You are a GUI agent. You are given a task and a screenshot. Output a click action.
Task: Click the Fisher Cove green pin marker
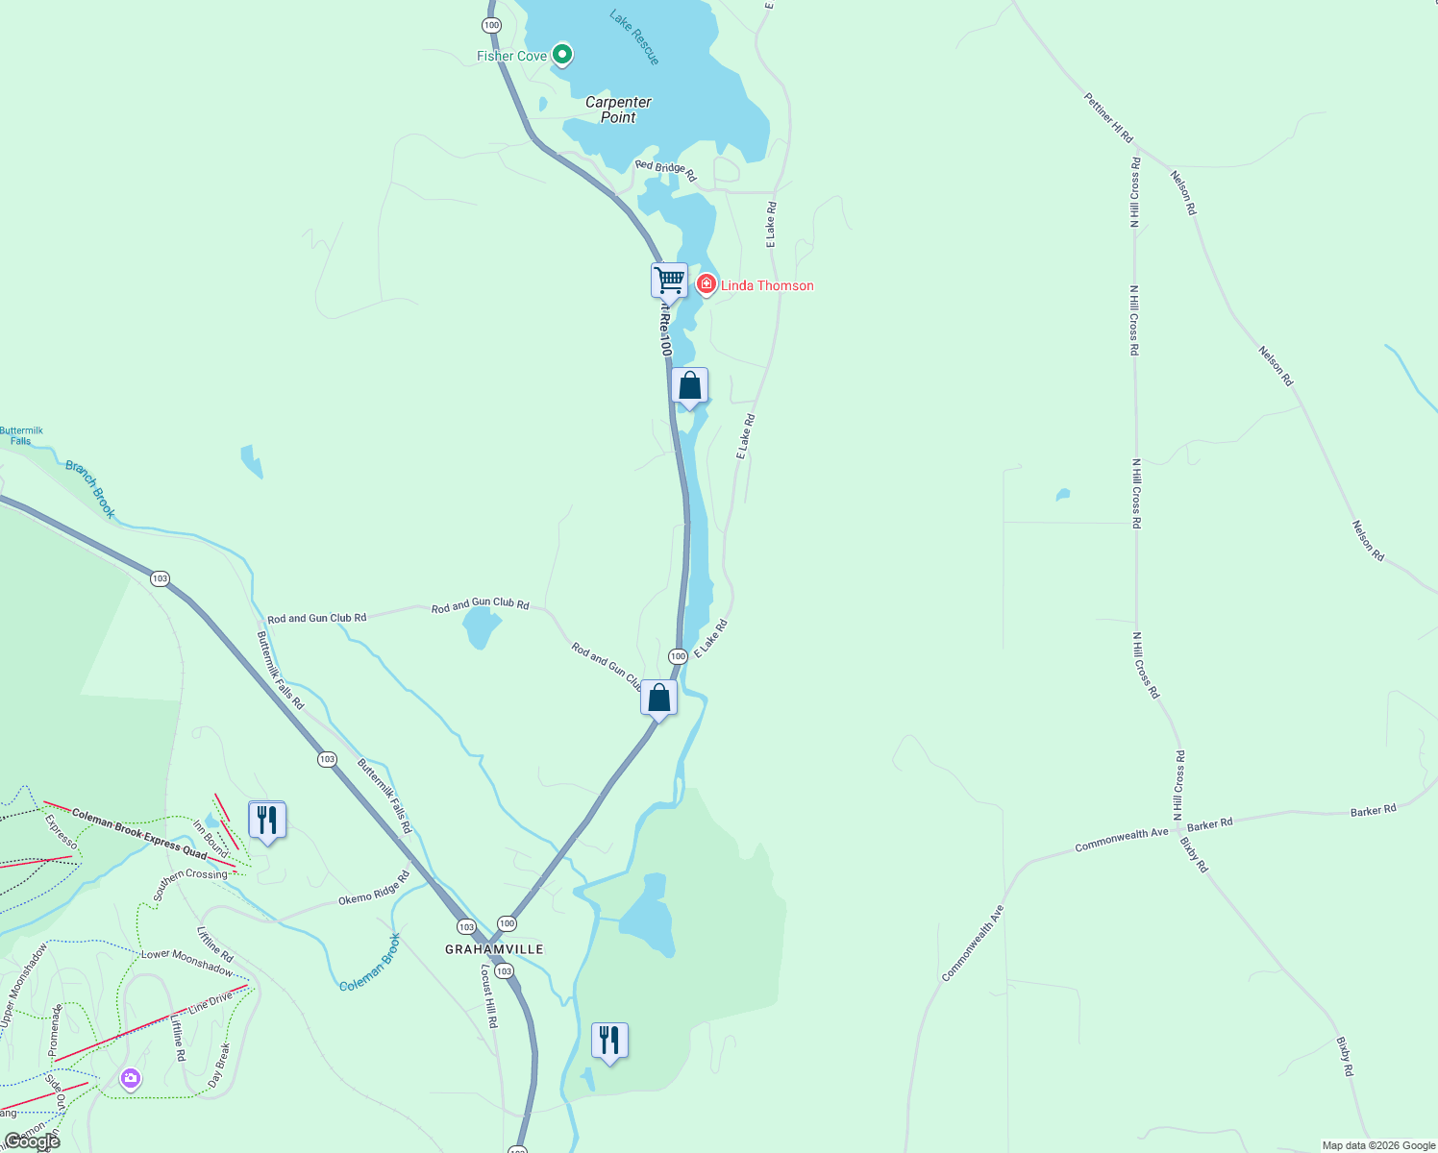(562, 55)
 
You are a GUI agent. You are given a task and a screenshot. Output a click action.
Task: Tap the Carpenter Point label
(618, 110)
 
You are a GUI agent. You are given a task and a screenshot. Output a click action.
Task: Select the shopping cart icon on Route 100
(669, 282)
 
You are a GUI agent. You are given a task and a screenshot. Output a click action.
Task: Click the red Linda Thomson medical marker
(707, 284)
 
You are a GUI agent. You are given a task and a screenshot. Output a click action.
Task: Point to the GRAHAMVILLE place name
(494, 949)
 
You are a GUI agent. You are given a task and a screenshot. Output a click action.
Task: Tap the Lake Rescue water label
(635, 37)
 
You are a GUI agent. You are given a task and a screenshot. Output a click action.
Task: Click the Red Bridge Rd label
(665, 170)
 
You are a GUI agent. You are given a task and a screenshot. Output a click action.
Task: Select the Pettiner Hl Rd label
(1108, 118)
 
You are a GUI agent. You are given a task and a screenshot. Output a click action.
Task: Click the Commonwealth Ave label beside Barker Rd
(1121, 840)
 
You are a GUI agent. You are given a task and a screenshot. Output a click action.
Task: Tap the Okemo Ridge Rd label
(374, 890)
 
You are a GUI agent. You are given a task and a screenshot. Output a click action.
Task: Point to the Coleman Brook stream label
(370, 963)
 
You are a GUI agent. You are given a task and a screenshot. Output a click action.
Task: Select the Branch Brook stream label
(90, 489)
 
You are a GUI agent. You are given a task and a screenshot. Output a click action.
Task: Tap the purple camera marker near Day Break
(131, 1079)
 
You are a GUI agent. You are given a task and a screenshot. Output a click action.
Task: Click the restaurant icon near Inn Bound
(267, 820)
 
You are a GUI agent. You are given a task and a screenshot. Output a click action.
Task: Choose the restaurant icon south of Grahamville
(609, 1041)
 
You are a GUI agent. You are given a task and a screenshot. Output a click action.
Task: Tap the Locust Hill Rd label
(488, 996)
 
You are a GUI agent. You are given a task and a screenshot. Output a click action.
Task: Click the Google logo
(32, 1141)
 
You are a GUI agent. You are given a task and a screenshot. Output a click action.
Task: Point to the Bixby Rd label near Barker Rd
(1194, 854)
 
